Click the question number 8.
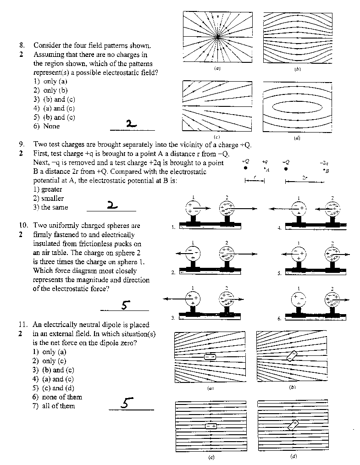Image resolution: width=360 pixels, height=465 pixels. pos(22,45)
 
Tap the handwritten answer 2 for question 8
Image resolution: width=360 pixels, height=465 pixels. pos(131,123)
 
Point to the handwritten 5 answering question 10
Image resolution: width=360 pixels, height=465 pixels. pos(124,304)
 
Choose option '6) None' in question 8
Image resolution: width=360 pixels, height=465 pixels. pos(46,126)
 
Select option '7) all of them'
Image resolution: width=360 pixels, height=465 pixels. pos(54,406)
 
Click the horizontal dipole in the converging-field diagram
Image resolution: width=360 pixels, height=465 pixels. pos(210,357)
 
